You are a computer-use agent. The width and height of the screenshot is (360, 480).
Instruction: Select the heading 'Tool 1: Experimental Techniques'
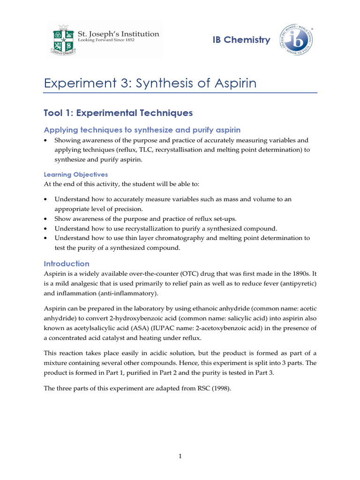(118, 112)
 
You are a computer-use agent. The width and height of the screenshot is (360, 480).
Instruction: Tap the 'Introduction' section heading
(67, 263)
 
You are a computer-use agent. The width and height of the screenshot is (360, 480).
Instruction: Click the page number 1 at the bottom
(180, 457)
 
